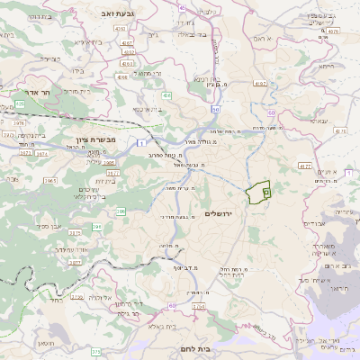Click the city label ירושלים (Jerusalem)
(219, 213)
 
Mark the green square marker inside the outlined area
(266, 193)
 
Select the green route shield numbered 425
(19, 104)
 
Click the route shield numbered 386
(121, 212)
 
